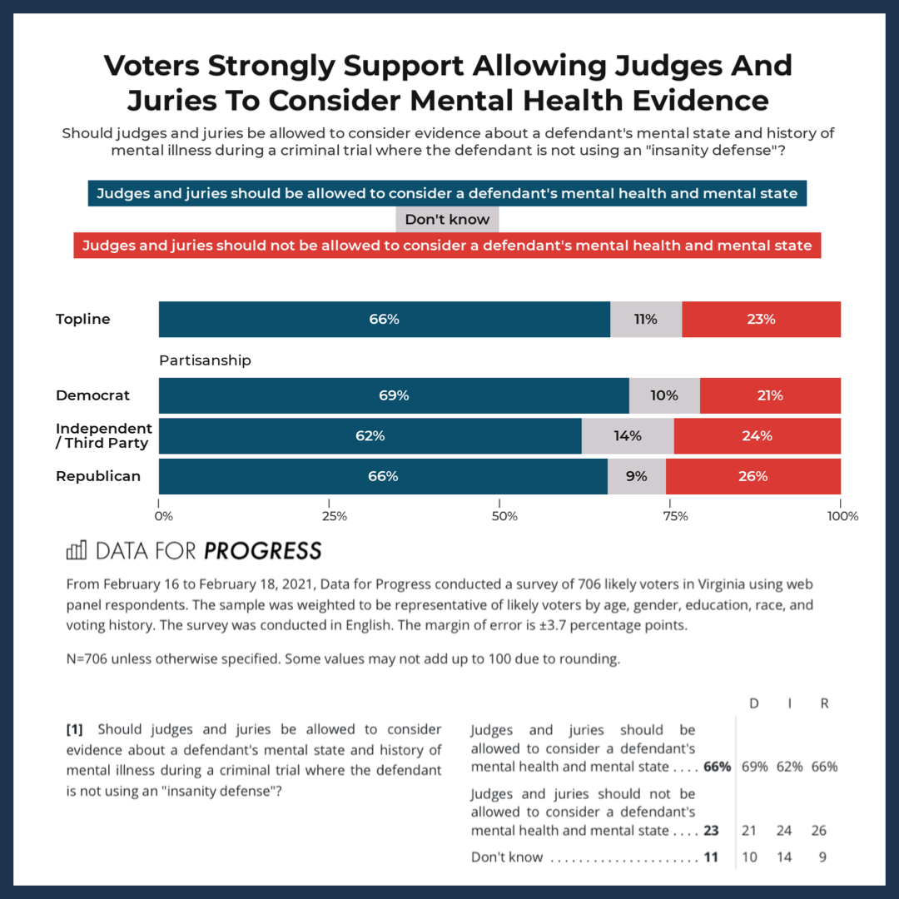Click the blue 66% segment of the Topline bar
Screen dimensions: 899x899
(384, 319)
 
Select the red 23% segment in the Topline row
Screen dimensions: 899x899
(761, 319)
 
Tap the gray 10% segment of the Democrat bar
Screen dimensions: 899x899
(664, 395)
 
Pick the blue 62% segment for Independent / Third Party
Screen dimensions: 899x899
(370, 435)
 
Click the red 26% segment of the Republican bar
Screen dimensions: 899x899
(752, 476)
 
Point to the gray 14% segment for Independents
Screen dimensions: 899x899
(628, 435)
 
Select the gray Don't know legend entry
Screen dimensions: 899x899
(447, 220)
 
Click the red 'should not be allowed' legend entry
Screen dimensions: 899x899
(447, 246)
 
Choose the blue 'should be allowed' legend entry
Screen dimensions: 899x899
(447, 194)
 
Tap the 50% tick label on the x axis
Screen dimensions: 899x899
(504, 516)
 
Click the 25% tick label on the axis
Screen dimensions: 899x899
(334, 516)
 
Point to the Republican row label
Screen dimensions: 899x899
(98, 476)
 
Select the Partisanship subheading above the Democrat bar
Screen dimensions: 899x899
(205, 360)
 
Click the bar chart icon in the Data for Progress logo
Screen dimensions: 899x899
(77, 550)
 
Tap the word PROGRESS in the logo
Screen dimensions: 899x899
(262, 550)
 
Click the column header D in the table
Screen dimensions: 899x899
(754, 703)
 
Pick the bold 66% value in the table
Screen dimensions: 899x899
(717, 767)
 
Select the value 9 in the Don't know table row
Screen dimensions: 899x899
(822, 857)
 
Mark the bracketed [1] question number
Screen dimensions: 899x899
(75, 730)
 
